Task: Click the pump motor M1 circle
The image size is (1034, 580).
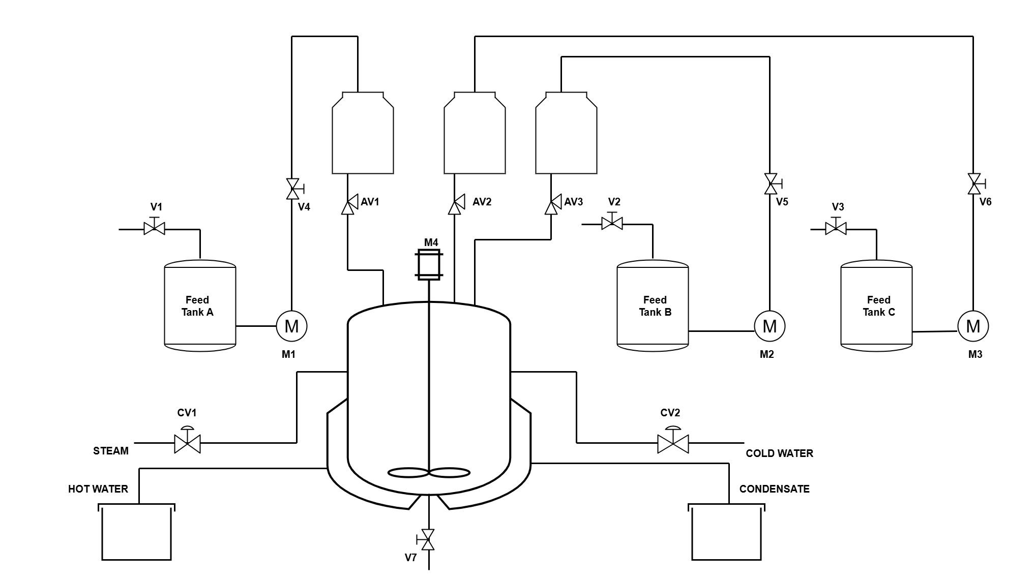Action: pyautogui.click(x=291, y=326)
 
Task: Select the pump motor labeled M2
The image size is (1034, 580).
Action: pyautogui.click(x=770, y=326)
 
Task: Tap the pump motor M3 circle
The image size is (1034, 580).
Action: pyautogui.click(x=973, y=326)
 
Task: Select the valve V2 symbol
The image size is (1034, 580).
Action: pyautogui.click(x=612, y=223)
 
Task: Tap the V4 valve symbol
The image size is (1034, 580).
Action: pyautogui.click(x=292, y=189)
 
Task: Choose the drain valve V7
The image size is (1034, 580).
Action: pyautogui.click(x=428, y=539)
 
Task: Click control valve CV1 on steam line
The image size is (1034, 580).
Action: pyautogui.click(x=187, y=442)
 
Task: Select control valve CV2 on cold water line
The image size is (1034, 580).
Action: pyautogui.click(x=673, y=442)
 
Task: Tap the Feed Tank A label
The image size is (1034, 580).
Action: pyautogui.click(x=197, y=306)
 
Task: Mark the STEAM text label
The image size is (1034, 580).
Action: pyautogui.click(x=111, y=451)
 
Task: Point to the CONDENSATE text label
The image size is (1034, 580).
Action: pyautogui.click(x=774, y=489)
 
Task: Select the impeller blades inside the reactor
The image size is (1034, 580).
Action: pyautogui.click(x=429, y=473)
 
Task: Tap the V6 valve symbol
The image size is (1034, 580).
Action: pyautogui.click(x=974, y=184)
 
